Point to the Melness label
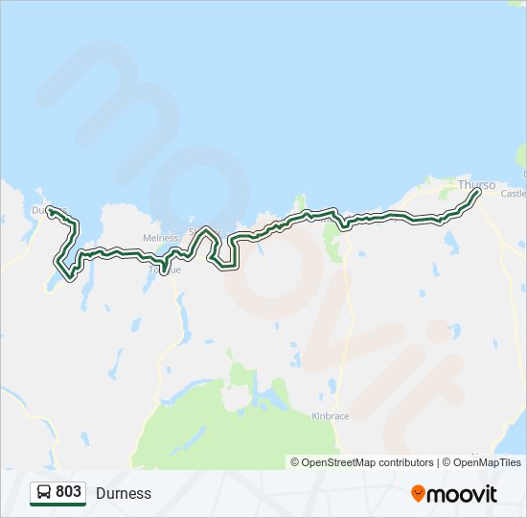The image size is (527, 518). [x=160, y=239]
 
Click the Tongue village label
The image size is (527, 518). [x=164, y=271]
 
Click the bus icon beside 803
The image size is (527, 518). [x=43, y=493]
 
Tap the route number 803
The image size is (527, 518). [x=68, y=492]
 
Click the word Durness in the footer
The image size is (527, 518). [x=124, y=493]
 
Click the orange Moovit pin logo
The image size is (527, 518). [x=418, y=493]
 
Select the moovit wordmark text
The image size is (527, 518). [x=462, y=494]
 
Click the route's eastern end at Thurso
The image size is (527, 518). [x=477, y=193]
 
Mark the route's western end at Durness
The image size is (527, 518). [x=51, y=210]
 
